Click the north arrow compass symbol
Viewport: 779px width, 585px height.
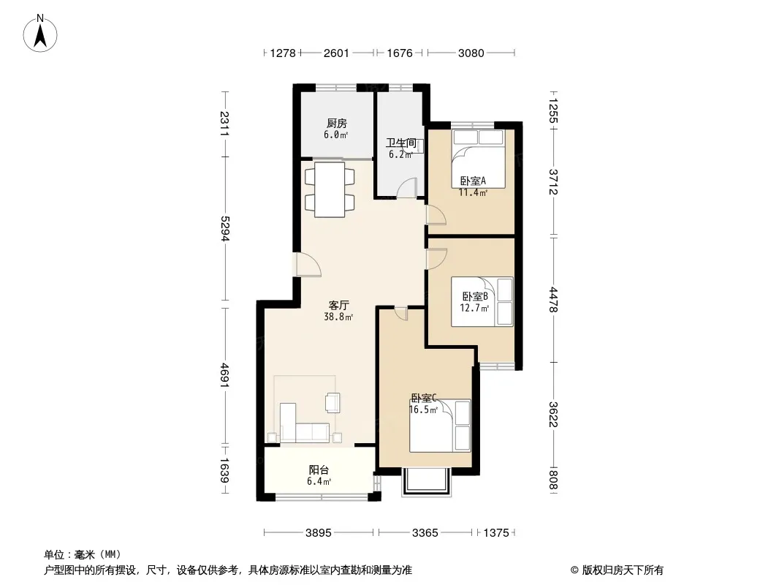[40, 34]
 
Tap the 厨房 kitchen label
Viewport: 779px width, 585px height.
[336, 124]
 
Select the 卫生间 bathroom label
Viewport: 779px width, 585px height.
[401, 143]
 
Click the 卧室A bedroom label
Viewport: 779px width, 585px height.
[473, 181]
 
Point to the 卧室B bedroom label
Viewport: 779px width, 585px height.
[476, 297]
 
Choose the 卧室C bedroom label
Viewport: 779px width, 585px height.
[423, 398]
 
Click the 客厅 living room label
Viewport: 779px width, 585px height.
[339, 305]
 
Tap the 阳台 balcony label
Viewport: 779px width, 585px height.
[319, 469]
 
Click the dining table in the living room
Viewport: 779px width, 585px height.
[330, 189]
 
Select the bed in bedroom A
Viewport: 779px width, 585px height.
[478, 159]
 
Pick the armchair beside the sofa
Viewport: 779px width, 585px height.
[332, 402]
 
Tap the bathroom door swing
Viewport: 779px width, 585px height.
[407, 188]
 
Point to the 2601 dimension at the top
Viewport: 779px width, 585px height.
[336, 53]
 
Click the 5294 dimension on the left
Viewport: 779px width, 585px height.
[225, 229]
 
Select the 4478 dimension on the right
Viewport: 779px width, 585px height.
[553, 300]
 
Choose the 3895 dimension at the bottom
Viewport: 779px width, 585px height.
[319, 533]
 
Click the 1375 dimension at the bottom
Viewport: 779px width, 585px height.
[496, 533]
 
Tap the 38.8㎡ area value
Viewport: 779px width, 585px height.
[339, 317]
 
